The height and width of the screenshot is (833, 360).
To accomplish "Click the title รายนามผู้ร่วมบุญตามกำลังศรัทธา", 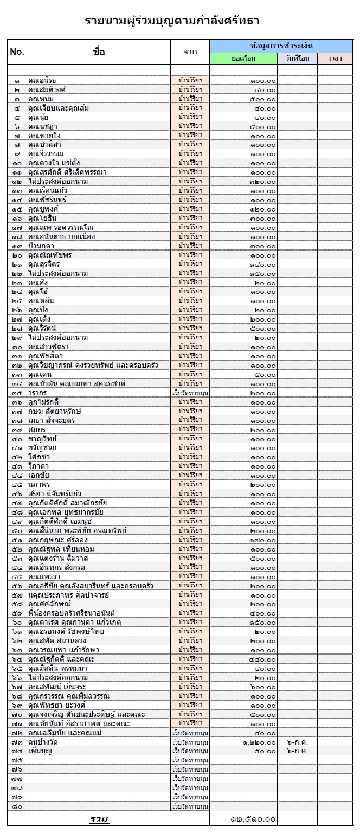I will click(x=172, y=21).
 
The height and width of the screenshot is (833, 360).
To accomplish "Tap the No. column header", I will click(x=17, y=52).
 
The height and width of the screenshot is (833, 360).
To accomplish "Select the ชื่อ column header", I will click(x=99, y=52).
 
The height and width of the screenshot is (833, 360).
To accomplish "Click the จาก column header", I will click(x=190, y=52).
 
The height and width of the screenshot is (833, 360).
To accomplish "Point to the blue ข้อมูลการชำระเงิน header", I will click(x=282, y=46).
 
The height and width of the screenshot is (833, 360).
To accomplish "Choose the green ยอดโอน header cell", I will click(x=243, y=59).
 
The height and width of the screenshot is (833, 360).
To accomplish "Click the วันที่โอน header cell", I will click(x=298, y=59).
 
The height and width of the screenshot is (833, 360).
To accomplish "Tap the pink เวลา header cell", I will click(x=336, y=59).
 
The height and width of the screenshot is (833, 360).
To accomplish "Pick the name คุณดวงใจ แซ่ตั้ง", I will click(x=54, y=163).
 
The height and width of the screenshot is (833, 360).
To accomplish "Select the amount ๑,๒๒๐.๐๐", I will click(x=259, y=742).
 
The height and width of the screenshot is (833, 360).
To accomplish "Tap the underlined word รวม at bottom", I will click(x=99, y=819).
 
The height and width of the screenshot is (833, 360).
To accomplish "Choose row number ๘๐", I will click(x=17, y=806).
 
